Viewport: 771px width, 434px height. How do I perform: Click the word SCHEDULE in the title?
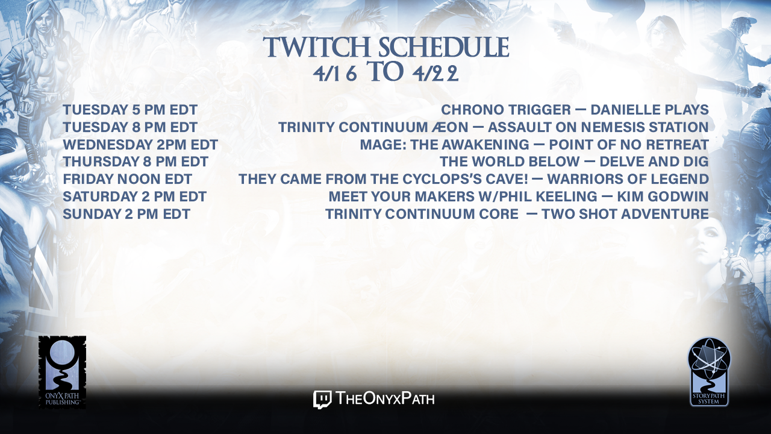coord(444,47)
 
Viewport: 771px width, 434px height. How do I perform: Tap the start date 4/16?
coord(335,74)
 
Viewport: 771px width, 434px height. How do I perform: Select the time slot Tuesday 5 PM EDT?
coord(130,110)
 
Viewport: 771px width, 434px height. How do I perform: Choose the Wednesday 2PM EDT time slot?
coord(140,145)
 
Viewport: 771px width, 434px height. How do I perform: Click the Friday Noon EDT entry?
coord(127,179)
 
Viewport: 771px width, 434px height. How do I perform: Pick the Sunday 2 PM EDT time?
coord(126,214)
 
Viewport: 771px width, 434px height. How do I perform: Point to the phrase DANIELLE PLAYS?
coord(649,110)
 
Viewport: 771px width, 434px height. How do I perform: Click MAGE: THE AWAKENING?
coord(445,145)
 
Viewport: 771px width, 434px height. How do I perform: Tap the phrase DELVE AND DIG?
coord(654,162)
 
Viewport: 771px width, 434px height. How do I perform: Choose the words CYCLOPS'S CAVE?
coord(466,179)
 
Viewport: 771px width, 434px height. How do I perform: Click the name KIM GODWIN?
coord(663,197)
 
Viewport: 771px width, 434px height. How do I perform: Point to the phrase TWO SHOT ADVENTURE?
coord(625,214)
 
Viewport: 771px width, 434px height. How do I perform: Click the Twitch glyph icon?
coord(322,400)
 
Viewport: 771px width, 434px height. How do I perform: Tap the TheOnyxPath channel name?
coord(385,399)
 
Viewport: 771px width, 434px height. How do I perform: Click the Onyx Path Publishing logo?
coord(62,372)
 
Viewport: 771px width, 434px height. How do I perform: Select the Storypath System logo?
coord(709,372)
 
